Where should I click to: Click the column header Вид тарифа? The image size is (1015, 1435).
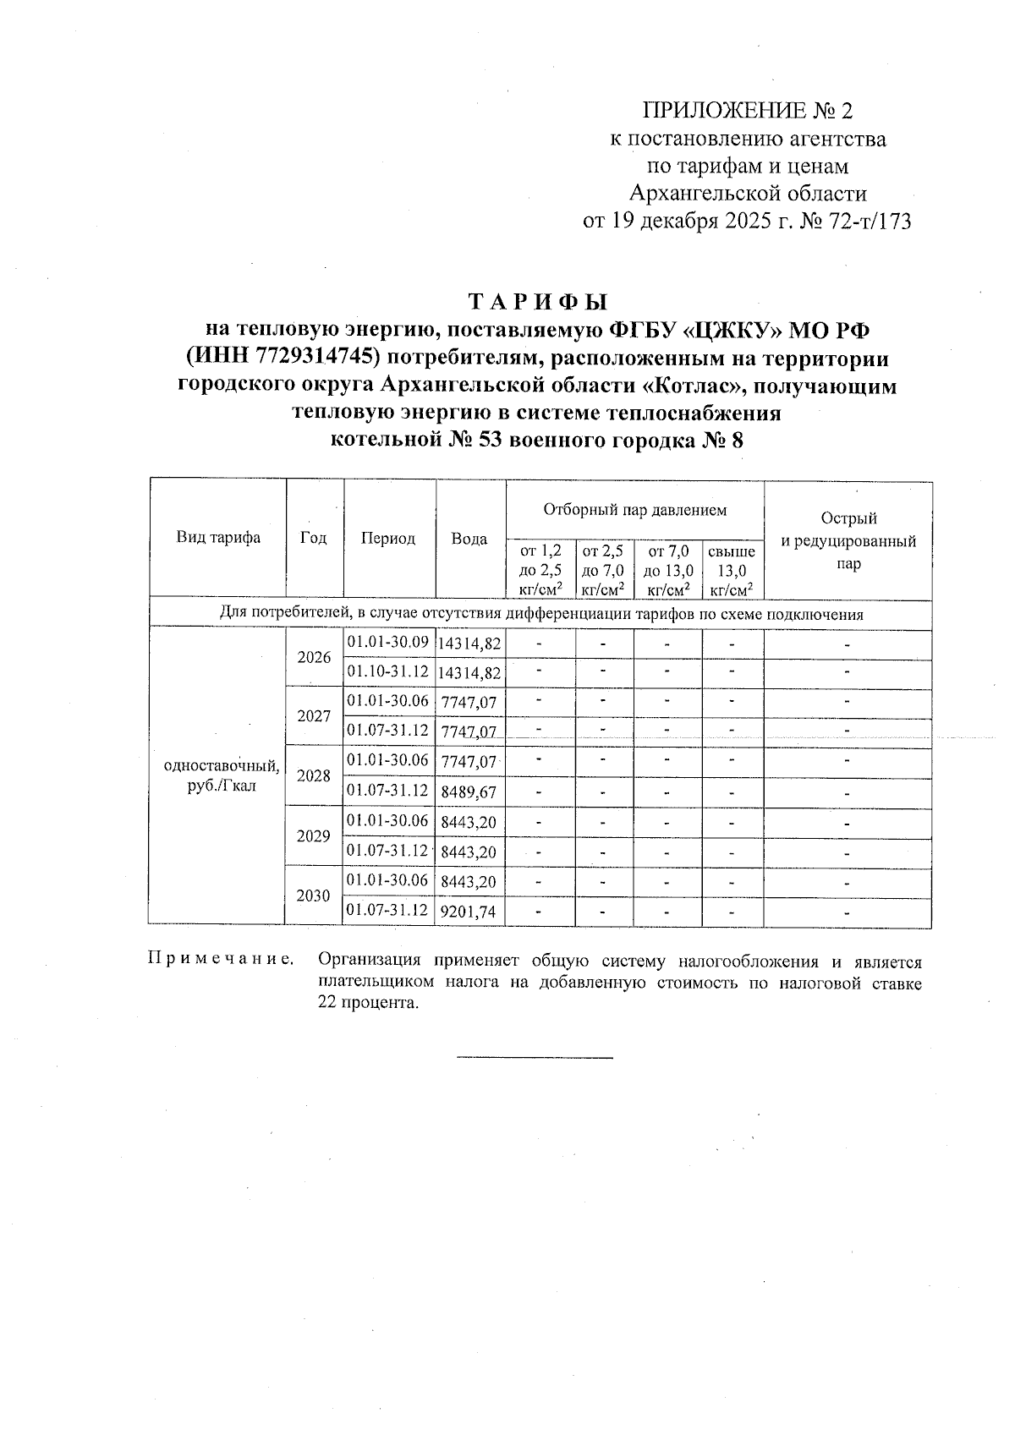click(x=218, y=538)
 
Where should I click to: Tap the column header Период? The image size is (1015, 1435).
click(x=388, y=539)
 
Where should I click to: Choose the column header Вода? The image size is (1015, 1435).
click(x=469, y=539)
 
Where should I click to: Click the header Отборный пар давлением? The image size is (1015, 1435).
click(x=634, y=510)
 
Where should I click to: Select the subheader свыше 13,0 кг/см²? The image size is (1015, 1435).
click(x=732, y=571)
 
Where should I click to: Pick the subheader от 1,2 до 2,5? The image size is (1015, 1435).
click(x=540, y=561)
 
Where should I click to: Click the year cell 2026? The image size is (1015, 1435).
click(x=314, y=657)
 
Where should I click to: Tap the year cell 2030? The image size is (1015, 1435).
click(x=314, y=895)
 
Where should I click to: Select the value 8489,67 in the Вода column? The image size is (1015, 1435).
click(x=469, y=792)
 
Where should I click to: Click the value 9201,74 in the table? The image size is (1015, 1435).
click(x=469, y=912)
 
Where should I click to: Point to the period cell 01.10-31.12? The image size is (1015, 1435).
click(x=388, y=671)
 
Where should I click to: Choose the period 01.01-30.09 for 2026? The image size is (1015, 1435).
click(x=388, y=642)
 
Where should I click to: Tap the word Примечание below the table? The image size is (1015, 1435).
click(x=222, y=959)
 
